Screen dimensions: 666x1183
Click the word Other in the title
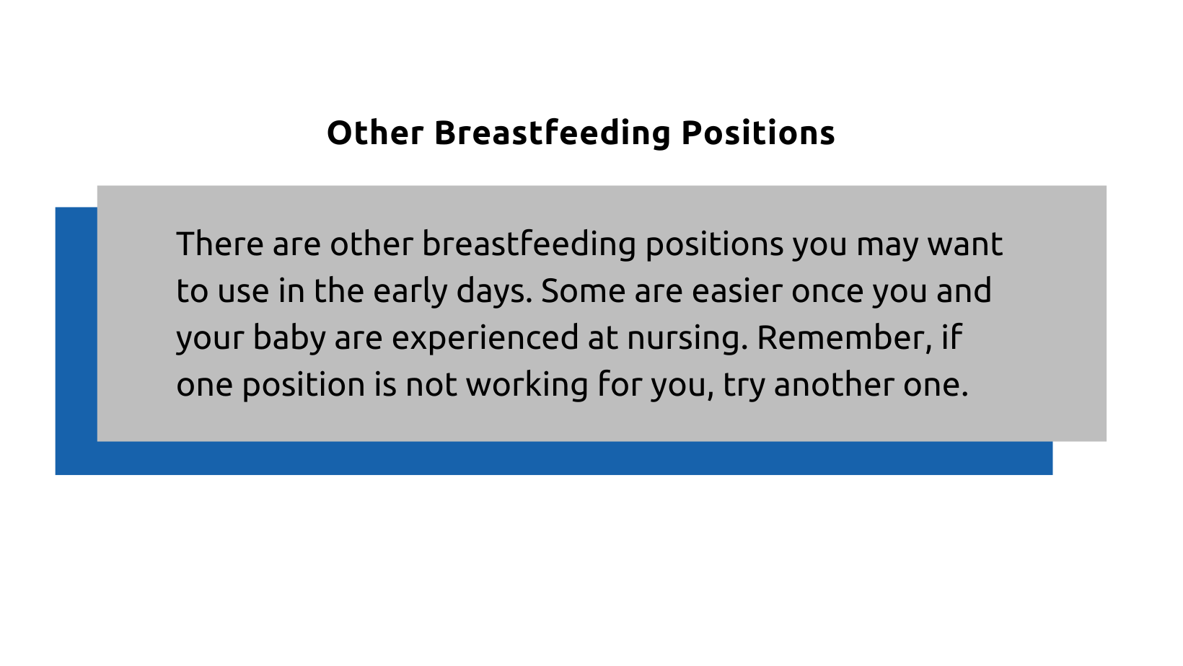[x=374, y=133]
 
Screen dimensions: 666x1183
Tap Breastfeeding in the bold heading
[x=552, y=133]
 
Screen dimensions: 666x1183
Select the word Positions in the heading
[x=757, y=133]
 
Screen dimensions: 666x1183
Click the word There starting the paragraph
[x=219, y=244]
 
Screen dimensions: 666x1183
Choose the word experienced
[x=485, y=338]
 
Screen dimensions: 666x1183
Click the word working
[x=527, y=385]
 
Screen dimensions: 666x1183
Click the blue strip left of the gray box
[x=76, y=339]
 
